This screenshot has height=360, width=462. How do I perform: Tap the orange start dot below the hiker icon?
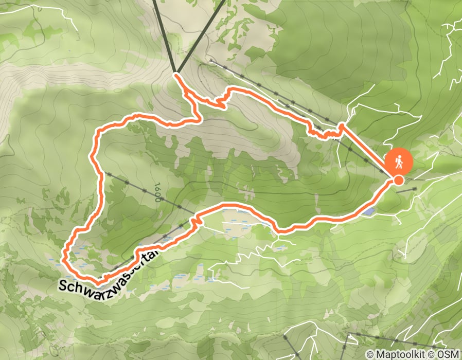398,180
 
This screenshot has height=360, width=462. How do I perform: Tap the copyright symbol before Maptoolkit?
370,354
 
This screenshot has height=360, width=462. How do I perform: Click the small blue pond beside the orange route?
368,211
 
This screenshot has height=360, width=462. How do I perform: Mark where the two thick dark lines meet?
175,73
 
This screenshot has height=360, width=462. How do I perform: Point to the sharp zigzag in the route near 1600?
195,221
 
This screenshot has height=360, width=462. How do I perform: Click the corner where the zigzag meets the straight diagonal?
341,127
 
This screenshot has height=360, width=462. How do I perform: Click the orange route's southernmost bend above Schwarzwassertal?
98,281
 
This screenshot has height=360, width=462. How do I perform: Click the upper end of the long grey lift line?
211,61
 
